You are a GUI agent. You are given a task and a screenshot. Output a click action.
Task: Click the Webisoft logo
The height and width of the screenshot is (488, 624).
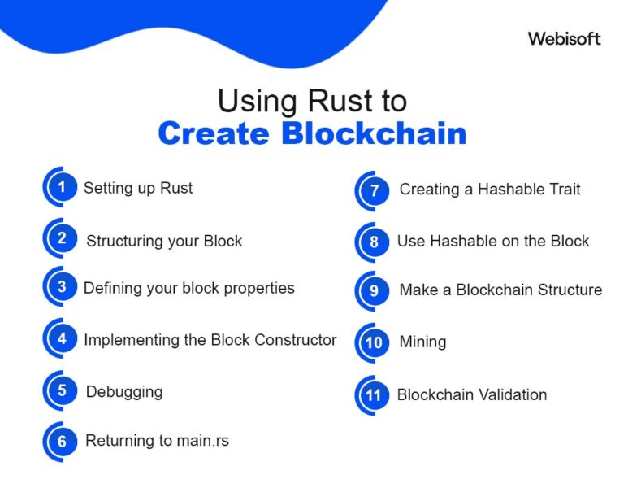coord(564,38)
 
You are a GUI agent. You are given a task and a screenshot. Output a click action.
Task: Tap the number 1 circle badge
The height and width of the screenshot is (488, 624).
coord(61,187)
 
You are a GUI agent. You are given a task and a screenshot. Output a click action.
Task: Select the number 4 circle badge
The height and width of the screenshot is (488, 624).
coord(62,339)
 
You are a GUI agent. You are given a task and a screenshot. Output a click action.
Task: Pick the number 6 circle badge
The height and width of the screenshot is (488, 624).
coord(62,441)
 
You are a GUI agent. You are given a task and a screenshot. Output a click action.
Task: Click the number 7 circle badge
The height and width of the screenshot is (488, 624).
coord(375,191)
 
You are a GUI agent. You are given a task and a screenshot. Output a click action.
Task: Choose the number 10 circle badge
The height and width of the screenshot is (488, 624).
coord(374,342)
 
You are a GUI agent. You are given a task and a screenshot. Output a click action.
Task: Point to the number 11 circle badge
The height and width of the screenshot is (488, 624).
coord(374,395)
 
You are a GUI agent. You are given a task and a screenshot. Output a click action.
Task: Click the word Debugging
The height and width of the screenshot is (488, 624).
coord(124,391)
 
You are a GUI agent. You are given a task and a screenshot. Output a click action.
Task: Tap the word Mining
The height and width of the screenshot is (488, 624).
coord(422,342)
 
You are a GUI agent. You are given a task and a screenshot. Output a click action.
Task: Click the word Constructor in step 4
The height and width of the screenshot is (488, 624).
coord(296,339)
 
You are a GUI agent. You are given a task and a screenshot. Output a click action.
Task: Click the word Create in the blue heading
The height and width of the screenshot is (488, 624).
coord(214,133)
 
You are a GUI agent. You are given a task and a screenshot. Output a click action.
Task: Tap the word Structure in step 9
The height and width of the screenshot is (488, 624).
coord(565,290)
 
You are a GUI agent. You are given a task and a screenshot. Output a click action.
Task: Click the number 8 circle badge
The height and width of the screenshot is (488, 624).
coord(374,242)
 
